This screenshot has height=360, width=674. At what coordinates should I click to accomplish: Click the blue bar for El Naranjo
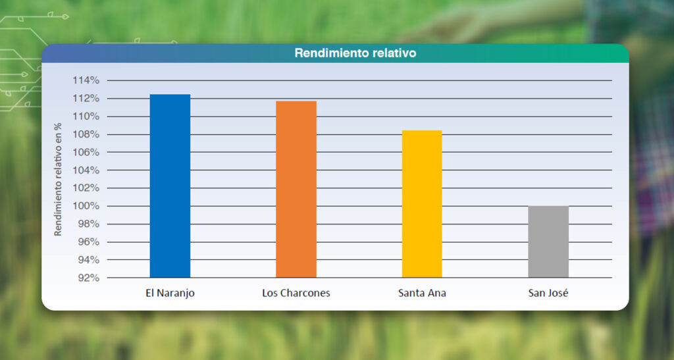coord(170,186)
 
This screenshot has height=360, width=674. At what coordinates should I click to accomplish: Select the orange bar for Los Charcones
coord(296,189)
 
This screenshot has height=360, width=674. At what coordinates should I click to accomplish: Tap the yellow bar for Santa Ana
coord(422,203)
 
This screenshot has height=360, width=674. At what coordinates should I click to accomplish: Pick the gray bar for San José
coord(548,242)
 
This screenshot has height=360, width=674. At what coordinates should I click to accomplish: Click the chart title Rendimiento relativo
coord(355,53)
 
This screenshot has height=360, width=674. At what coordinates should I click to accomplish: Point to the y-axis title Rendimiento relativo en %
coord(58,179)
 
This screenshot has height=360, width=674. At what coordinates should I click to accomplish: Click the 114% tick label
coord(86,80)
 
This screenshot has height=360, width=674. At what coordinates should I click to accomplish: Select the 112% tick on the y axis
coord(86,99)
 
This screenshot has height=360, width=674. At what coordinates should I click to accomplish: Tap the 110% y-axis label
coord(86,116)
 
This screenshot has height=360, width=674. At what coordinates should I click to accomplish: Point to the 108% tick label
coord(86,134)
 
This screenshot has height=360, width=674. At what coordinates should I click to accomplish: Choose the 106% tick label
coord(86,152)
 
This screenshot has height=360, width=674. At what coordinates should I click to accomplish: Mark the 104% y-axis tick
coord(86,170)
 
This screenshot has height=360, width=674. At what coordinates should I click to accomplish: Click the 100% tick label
coord(86,206)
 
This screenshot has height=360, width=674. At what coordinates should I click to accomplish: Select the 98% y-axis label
coord(88,224)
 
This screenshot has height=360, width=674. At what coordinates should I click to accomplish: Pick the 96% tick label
coord(88,242)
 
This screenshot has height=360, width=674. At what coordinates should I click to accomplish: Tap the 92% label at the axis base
coord(88,278)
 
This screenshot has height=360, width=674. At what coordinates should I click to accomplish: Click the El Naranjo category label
coord(170,293)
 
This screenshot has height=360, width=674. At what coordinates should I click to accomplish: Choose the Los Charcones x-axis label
coord(296,293)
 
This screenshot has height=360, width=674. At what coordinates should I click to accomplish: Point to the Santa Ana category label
coord(422,293)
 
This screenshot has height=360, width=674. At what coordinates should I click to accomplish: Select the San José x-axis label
coord(548,293)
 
